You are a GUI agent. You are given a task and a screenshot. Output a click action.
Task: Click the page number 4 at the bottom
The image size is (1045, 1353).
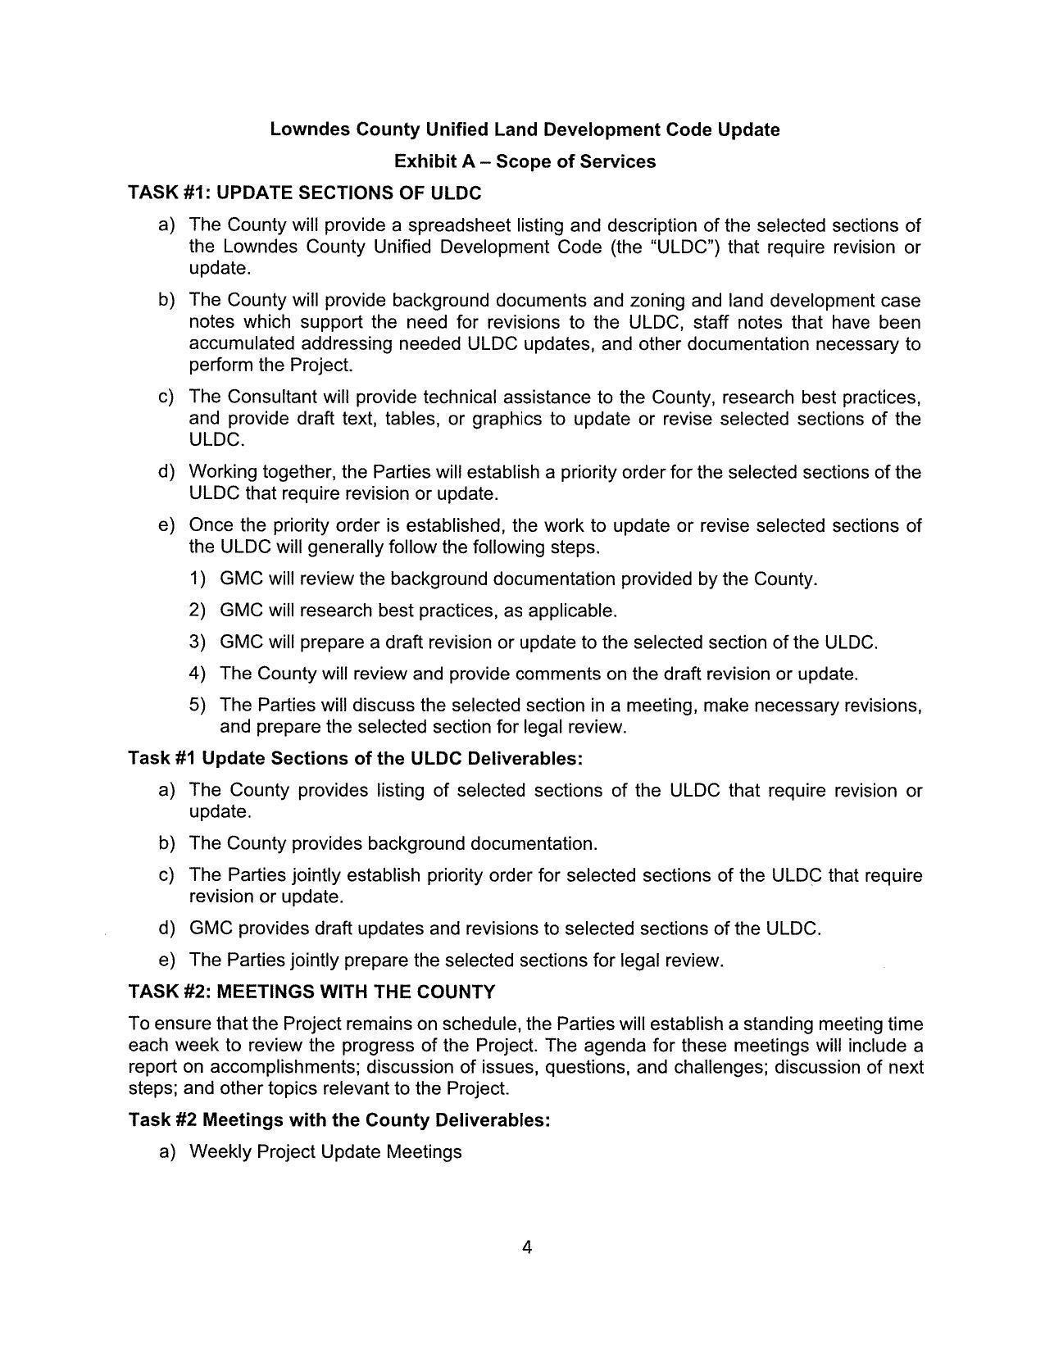click(527, 1247)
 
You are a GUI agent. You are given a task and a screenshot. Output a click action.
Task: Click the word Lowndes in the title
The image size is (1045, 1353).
click(304, 129)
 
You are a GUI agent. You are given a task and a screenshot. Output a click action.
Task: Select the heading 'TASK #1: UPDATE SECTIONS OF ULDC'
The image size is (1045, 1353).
click(305, 193)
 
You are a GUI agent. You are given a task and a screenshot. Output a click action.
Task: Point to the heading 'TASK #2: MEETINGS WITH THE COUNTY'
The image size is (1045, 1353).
click(311, 992)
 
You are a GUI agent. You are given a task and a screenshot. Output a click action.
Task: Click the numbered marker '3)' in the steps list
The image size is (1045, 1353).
click(197, 642)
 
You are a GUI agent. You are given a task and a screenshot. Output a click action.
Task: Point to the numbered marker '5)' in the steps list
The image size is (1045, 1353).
click(197, 706)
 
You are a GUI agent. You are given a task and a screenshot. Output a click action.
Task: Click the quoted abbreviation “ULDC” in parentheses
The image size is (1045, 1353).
click(683, 247)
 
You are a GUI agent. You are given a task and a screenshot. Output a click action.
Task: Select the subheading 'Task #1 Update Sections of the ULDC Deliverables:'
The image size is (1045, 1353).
click(356, 758)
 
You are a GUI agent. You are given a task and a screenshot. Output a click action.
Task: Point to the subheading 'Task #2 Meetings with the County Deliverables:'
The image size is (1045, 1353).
click(339, 1119)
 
